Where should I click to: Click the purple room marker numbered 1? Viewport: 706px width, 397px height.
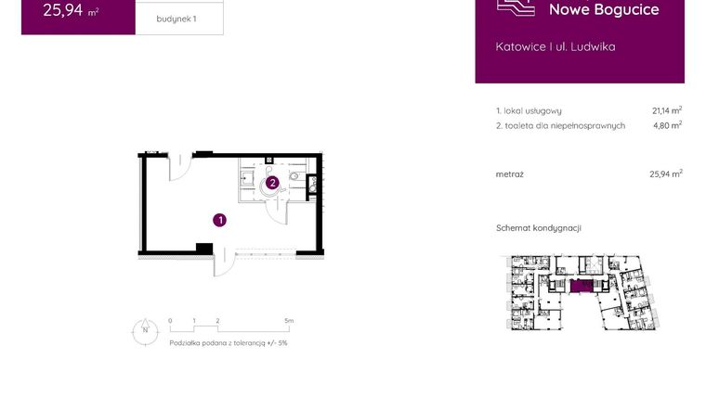click(219, 220)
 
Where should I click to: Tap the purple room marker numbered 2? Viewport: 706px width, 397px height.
click(272, 183)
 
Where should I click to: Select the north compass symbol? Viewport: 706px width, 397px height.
click(145, 331)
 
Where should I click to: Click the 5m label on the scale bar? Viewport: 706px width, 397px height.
click(289, 321)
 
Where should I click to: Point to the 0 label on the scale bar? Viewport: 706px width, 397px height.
click(170, 321)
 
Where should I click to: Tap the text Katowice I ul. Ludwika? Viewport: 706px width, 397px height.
click(556, 46)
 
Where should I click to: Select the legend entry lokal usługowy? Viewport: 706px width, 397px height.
click(529, 110)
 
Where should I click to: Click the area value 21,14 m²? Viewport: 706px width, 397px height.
click(667, 110)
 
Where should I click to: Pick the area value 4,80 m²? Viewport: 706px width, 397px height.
click(667, 125)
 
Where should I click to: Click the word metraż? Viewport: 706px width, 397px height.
click(510, 173)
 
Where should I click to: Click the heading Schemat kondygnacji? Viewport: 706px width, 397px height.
click(539, 228)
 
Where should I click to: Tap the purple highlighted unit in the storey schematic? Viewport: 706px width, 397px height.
click(582, 287)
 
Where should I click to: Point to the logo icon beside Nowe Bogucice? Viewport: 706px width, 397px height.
click(516, 8)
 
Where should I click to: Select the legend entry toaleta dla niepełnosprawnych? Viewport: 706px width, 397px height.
click(560, 125)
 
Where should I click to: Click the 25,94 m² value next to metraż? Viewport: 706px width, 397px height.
click(665, 173)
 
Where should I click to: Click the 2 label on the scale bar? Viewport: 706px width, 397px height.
click(217, 321)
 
